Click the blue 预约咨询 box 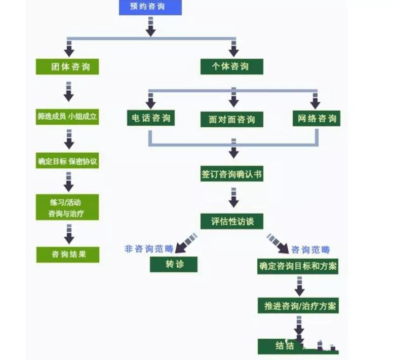click(x=150, y=7)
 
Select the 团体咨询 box click(x=67, y=67)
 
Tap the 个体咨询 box click(x=231, y=67)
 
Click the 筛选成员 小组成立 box click(x=67, y=117)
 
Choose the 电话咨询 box click(x=150, y=119)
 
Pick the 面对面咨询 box click(x=232, y=120)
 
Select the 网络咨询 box click(x=317, y=119)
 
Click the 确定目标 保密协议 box click(x=67, y=162)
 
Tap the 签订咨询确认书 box click(x=231, y=174)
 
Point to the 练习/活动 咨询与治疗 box click(x=67, y=207)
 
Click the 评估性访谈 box click(x=232, y=222)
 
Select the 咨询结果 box click(x=68, y=255)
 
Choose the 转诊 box click(x=174, y=265)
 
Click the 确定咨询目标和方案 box click(x=298, y=266)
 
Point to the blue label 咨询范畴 click(x=310, y=249)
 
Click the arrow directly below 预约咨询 click(x=150, y=27)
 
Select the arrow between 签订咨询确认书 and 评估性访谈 click(x=233, y=198)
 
